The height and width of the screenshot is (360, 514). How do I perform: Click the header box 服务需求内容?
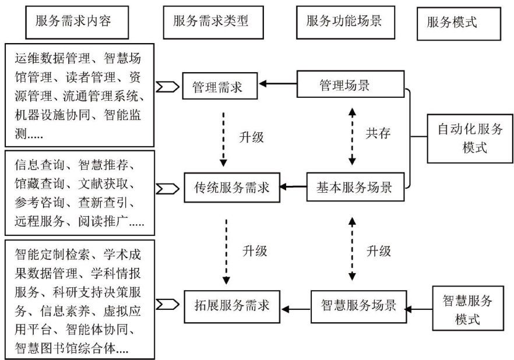(x=73, y=22)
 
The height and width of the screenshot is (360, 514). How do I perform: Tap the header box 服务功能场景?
(x=344, y=22)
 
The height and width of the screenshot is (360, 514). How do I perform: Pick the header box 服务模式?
(x=451, y=23)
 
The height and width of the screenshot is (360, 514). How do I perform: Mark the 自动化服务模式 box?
(x=470, y=138)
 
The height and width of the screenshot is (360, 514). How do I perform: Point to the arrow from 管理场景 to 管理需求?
(x=278, y=85)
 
